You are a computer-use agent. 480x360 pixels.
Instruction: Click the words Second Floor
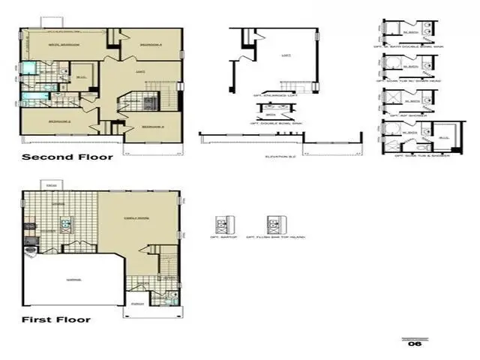click(x=67, y=157)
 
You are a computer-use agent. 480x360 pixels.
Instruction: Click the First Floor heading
click(x=55, y=319)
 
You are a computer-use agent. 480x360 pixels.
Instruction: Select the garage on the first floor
click(x=73, y=279)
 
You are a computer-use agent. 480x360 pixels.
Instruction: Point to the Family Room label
click(x=136, y=218)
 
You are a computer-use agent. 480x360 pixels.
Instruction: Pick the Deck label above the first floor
click(x=51, y=185)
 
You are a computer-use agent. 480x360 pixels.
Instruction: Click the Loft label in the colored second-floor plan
click(x=140, y=71)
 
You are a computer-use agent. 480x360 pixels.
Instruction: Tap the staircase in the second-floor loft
click(x=157, y=85)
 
